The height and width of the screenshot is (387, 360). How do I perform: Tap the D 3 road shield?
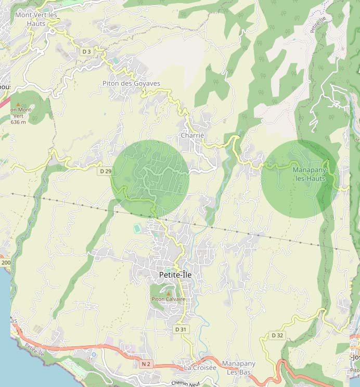point(86,51)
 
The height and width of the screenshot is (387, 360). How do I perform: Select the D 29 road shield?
point(105,171)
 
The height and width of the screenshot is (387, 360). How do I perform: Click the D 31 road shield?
point(181,329)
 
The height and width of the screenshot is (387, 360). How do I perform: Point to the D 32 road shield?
point(277,336)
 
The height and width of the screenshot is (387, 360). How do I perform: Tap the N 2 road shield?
point(146,365)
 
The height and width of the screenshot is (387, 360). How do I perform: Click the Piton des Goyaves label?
point(131,83)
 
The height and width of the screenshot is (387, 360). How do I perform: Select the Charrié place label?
point(192,135)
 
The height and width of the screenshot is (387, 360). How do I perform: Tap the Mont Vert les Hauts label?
point(36,19)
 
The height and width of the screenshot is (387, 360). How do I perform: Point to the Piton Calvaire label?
point(168,299)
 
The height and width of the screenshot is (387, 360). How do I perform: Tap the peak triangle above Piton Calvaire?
point(168,293)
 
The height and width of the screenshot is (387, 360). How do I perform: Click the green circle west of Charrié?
point(150,178)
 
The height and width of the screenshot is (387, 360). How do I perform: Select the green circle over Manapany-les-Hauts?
point(299,178)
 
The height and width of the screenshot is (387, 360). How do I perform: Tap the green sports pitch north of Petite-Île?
point(137,228)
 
